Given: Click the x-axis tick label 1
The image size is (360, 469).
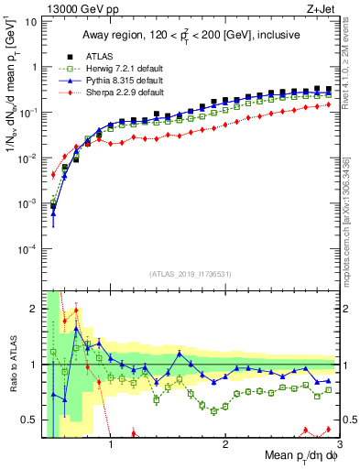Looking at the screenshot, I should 111,447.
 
